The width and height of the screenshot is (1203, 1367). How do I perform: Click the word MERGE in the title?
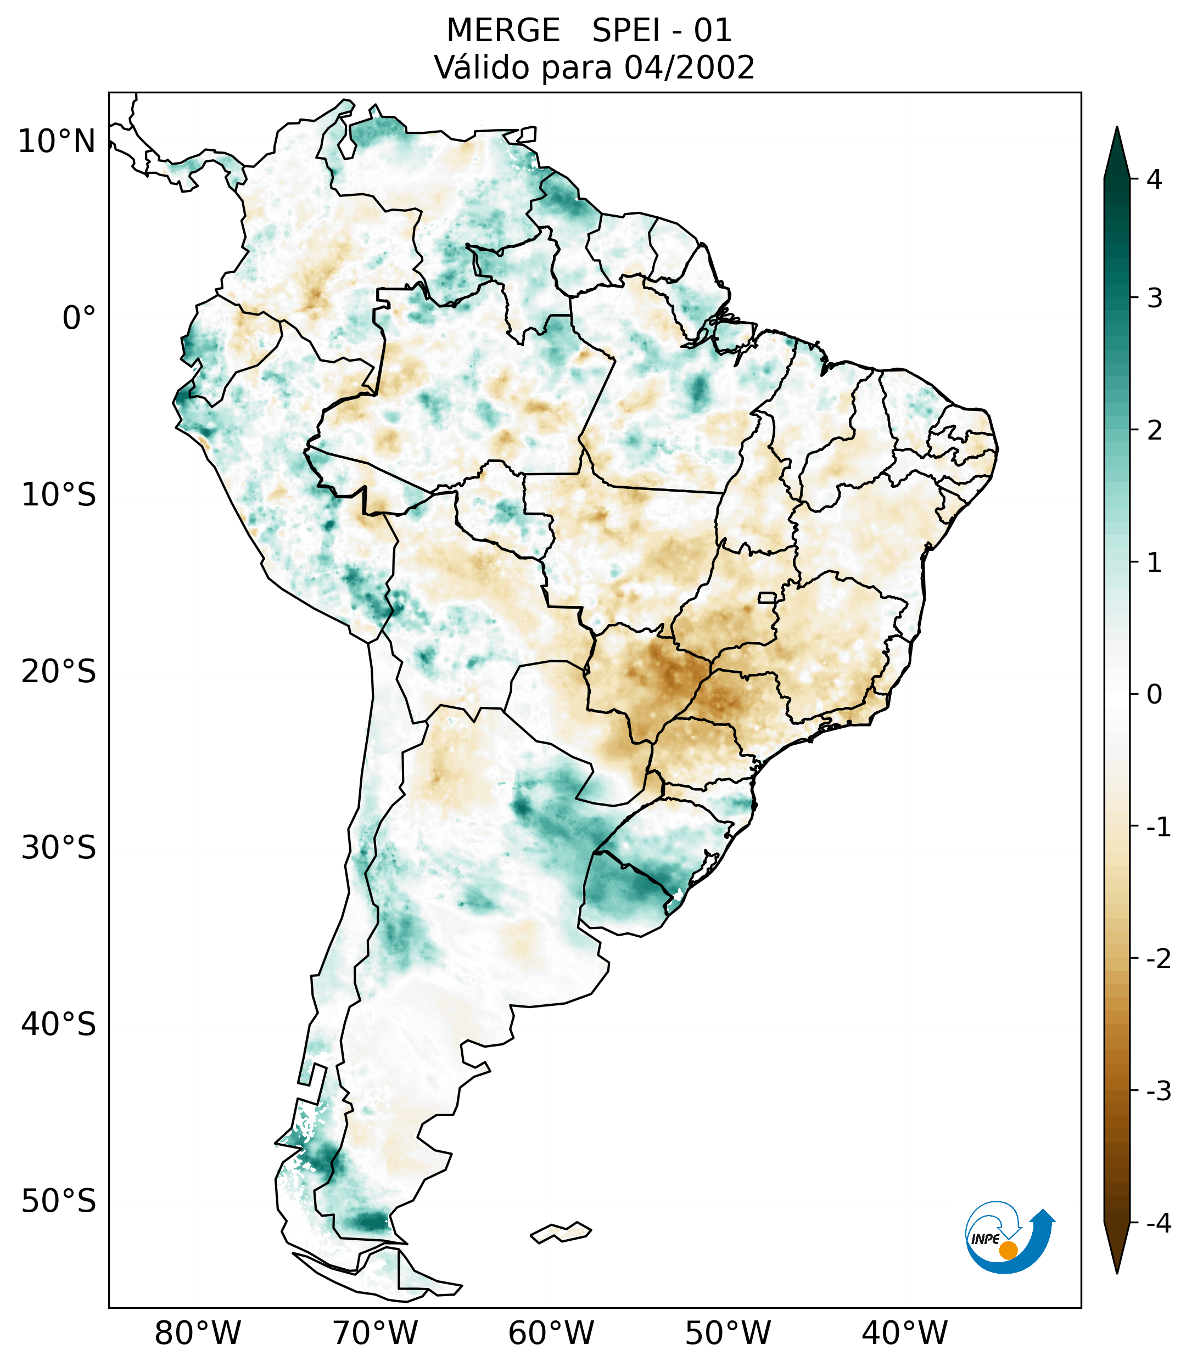tap(502, 31)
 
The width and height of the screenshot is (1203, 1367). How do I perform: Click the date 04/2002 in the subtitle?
tap(689, 67)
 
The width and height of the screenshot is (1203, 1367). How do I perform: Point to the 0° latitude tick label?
tap(79, 318)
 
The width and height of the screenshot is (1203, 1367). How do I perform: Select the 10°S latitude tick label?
tap(59, 496)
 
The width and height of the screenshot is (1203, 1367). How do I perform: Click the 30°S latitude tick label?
tap(59, 848)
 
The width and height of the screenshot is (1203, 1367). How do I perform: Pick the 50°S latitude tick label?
tap(59, 1202)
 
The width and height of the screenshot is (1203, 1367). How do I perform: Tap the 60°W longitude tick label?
tap(551, 1333)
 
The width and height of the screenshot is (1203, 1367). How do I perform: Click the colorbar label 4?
tap(1154, 179)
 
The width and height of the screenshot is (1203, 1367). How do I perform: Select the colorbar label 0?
tap(1154, 695)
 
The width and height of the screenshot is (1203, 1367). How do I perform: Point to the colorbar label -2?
tap(1158, 959)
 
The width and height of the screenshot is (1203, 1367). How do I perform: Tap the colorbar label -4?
tap(1158, 1224)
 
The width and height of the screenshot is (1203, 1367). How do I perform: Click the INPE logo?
tap(1009, 1237)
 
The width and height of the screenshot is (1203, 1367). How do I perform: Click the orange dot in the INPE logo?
tap(1008, 1250)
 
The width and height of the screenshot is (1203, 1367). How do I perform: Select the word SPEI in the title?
tap(625, 31)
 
